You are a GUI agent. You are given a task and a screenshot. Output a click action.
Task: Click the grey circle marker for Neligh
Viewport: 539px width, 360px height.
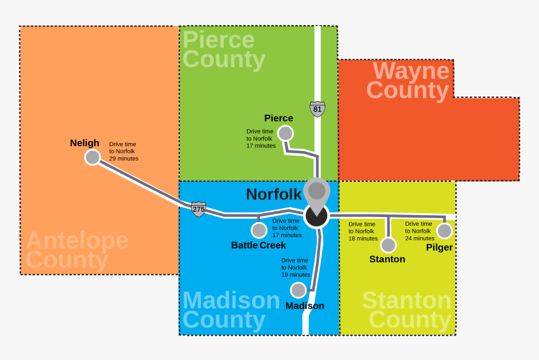pyautogui.click(x=93, y=157)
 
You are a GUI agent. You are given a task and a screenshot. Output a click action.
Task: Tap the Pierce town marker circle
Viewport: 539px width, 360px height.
pyautogui.click(x=285, y=133)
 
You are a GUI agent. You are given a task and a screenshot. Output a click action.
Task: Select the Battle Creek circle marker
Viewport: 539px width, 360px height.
pyautogui.click(x=259, y=230)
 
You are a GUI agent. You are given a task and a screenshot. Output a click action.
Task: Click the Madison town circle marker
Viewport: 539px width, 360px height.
pyautogui.click(x=298, y=290)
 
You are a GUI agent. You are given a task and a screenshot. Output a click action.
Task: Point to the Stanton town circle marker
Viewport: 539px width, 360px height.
pyautogui.click(x=389, y=245)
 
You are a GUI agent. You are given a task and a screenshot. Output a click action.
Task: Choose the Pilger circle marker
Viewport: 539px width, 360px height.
pyautogui.click(x=444, y=231)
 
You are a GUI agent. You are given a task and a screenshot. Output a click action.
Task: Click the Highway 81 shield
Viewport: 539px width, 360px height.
pyautogui.click(x=318, y=109)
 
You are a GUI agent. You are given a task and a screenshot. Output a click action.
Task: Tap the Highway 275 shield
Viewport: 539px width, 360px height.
pyautogui.click(x=199, y=209)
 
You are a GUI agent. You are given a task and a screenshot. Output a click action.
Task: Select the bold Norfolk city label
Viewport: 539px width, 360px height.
pyautogui.click(x=274, y=194)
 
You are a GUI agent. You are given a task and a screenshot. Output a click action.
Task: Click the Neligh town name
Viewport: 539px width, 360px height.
pyautogui.click(x=85, y=143)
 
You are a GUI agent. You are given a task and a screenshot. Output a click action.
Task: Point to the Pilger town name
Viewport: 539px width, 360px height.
pyautogui.click(x=439, y=248)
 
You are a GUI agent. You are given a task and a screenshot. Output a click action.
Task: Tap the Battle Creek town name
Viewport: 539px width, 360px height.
pyautogui.click(x=258, y=245)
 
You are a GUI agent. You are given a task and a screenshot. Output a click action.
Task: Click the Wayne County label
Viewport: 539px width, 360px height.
pyautogui.click(x=408, y=80)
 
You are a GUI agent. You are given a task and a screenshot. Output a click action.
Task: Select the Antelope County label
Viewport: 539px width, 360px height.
pyautogui.click(x=76, y=250)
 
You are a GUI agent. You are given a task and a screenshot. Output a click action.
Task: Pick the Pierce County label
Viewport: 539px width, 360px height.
pyautogui.click(x=223, y=50)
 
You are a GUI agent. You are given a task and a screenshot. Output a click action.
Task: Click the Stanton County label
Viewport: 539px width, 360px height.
pyautogui.click(x=407, y=310)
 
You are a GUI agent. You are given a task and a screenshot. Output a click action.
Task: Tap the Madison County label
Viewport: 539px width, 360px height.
pyautogui.click(x=231, y=310)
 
